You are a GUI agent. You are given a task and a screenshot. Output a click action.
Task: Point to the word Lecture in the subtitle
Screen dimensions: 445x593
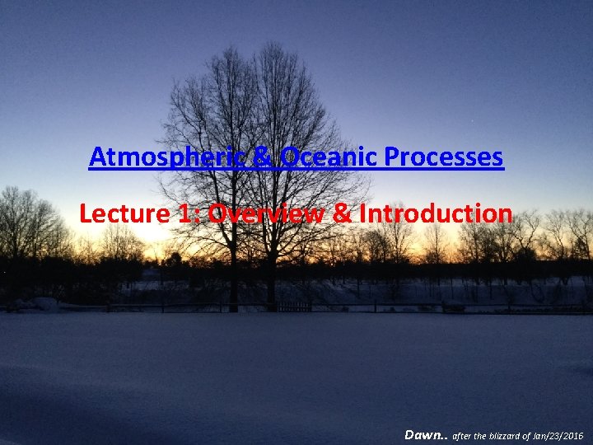pos(124,214)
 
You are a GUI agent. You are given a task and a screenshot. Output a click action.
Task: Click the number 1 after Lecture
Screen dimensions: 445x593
pos(184,214)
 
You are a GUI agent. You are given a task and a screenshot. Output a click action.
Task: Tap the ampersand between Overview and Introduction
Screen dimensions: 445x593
pos(341,214)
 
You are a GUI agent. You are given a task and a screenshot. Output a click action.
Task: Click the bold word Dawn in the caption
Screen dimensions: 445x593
pos(423,434)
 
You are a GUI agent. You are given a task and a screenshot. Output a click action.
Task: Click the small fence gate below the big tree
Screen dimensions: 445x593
pos(295,307)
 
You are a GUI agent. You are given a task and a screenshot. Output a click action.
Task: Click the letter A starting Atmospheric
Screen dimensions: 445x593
pos(97,157)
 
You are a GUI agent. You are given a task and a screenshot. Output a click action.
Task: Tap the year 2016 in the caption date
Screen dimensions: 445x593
pos(572,435)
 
